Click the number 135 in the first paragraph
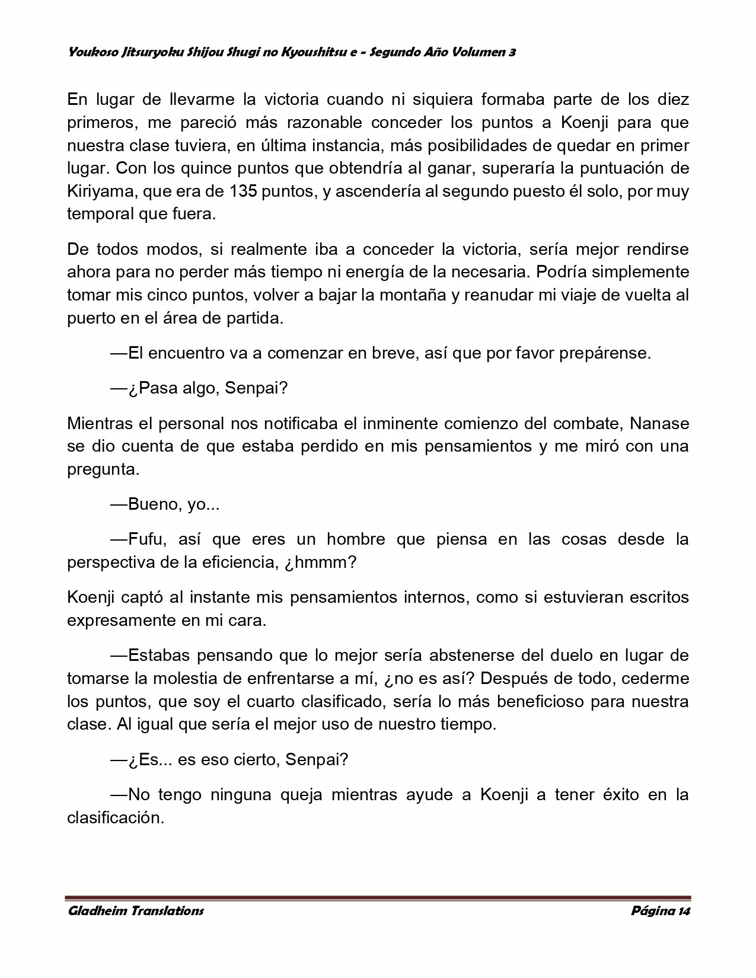[240, 191]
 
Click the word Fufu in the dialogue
[145, 539]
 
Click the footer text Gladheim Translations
[136, 910]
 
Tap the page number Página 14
[661, 910]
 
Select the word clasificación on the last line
[114, 818]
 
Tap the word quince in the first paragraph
[205, 168]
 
